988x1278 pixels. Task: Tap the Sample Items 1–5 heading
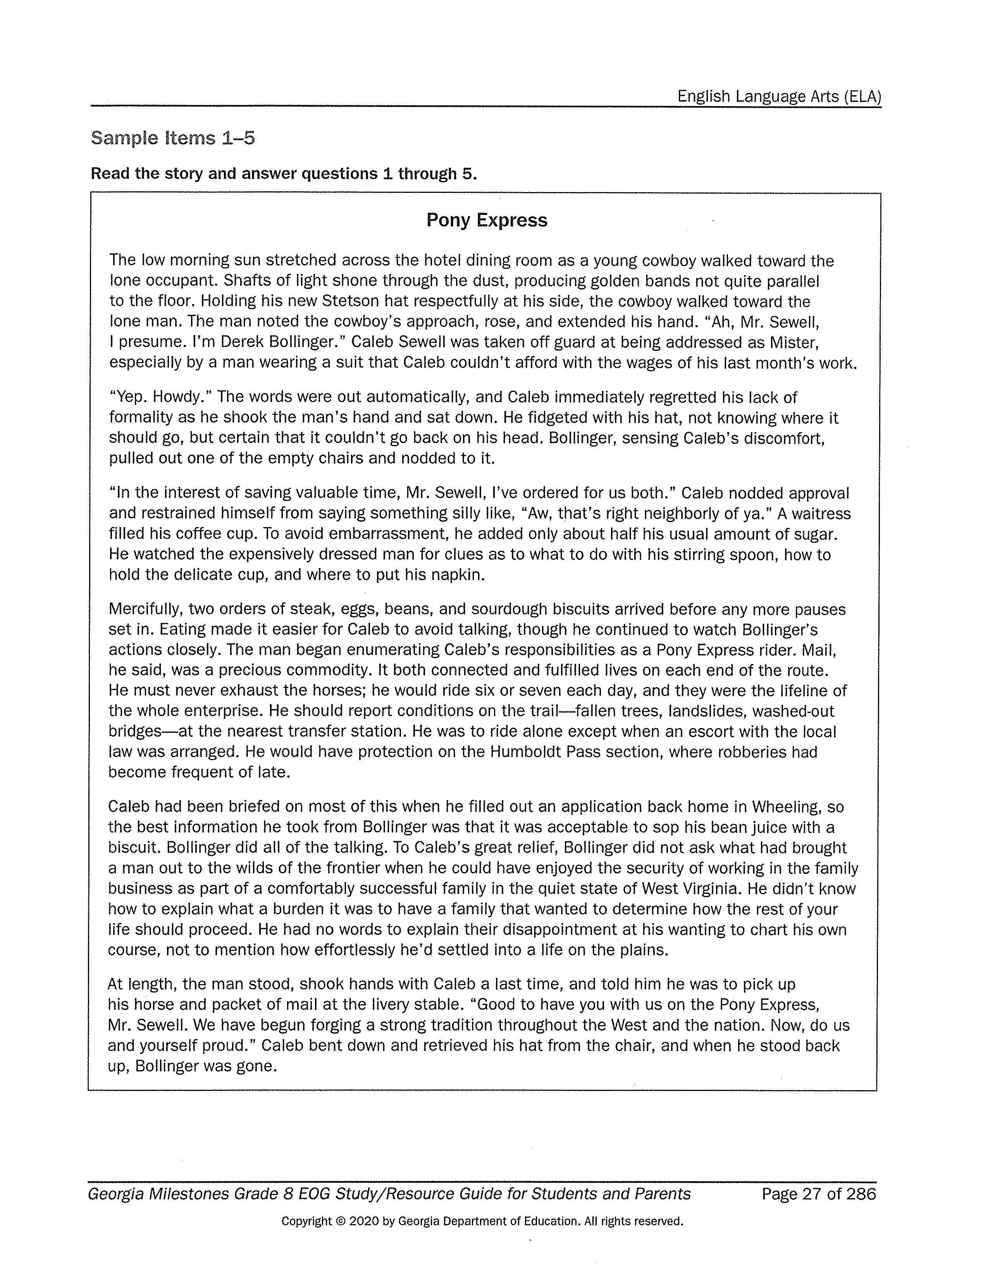[173, 138]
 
